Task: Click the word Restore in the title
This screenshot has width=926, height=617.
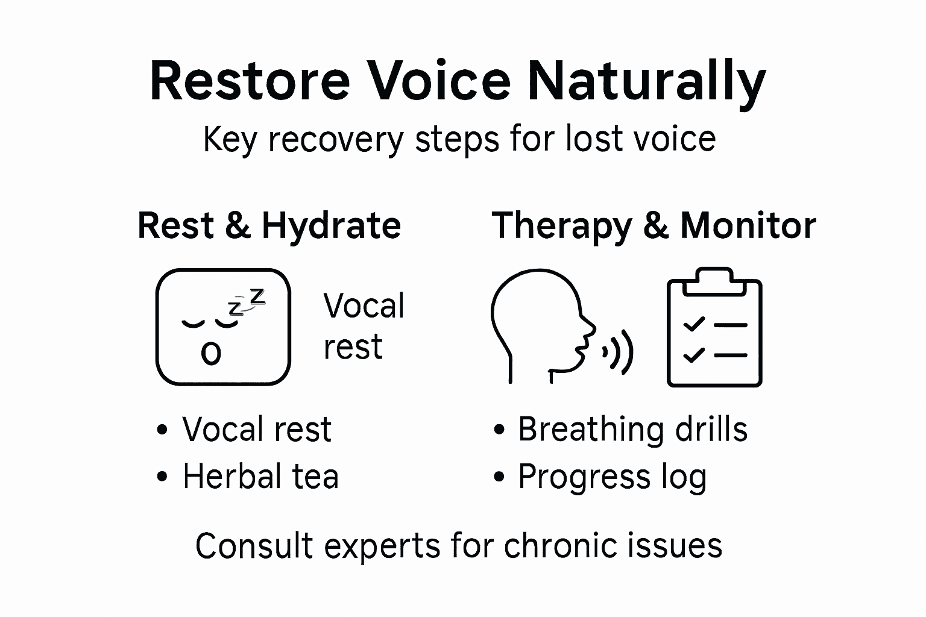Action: click(x=250, y=81)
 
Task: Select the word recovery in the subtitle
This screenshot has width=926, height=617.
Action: click(x=336, y=140)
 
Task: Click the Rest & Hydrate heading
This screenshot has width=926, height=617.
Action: click(x=269, y=225)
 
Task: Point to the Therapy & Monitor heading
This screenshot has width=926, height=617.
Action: click(x=654, y=227)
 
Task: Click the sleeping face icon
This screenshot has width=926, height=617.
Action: click(x=223, y=327)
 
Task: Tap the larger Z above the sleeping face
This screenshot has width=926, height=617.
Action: click(x=257, y=296)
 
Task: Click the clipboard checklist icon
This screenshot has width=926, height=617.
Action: click(x=714, y=328)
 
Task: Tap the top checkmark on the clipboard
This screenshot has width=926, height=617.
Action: click(x=694, y=324)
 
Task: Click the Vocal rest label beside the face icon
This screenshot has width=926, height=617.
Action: click(x=364, y=326)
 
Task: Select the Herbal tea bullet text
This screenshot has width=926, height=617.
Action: click(x=260, y=477)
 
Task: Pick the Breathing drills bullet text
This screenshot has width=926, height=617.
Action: click(x=632, y=430)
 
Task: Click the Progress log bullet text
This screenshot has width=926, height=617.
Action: click(x=612, y=477)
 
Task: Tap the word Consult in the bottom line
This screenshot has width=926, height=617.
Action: click(x=254, y=547)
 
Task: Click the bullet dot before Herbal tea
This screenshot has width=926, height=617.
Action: click(x=162, y=477)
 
